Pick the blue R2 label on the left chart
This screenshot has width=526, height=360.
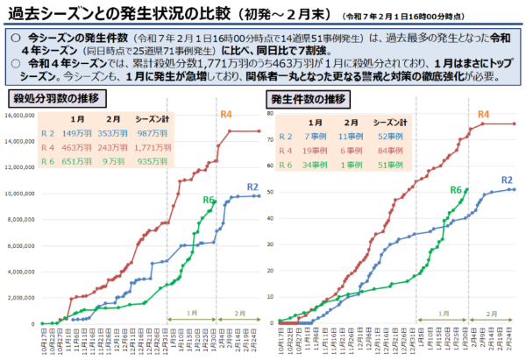[x=251, y=187]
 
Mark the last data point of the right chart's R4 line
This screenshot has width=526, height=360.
[x=514, y=124]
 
